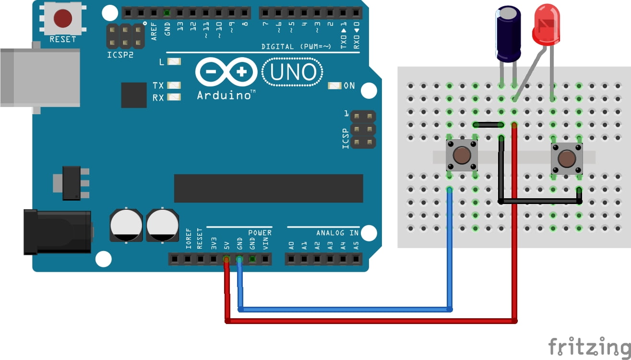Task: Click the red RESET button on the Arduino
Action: [63, 18]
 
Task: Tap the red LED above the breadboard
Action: [546, 24]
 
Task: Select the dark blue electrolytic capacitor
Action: [508, 34]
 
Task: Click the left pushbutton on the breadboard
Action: [462, 155]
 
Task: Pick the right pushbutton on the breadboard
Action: [567, 158]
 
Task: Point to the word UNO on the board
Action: [293, 72]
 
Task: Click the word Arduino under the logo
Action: [224, 95]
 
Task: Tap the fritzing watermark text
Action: [589, 347]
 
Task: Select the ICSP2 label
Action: [119, 55]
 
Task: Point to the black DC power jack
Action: [58, 232]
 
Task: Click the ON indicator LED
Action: [334, 85]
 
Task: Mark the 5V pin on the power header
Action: [226, 260]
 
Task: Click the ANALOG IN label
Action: [337, 233]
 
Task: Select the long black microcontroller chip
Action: [268, 188]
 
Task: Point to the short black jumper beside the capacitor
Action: [488, 125]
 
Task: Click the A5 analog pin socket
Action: [356, 260]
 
